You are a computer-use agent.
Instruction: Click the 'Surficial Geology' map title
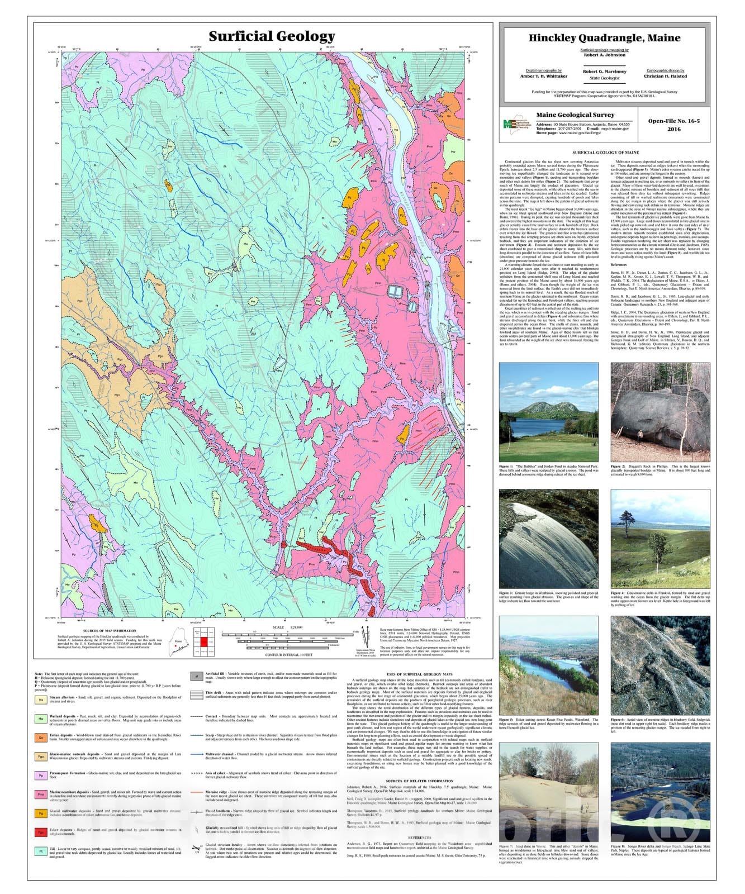(272, 36)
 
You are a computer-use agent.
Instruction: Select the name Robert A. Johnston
(606, 55)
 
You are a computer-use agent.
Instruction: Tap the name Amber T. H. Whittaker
(543, 76)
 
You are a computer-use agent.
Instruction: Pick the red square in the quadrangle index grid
(205, 642)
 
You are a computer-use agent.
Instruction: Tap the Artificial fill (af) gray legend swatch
(196, 676)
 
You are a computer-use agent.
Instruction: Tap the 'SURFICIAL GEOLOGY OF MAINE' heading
(605, 153)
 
